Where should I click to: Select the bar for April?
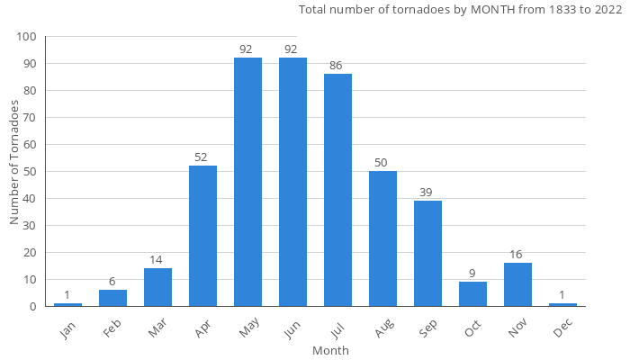tap(202, 236)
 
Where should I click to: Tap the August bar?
tap(382, 238)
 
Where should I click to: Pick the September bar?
tap(427, 253)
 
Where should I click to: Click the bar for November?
tap(517, 284)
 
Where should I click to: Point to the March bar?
tap(157, 287)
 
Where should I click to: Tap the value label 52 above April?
tap(202, 157)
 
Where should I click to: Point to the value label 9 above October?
tap(472, 274)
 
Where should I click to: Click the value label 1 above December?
tap(562, 295)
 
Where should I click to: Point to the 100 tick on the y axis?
tap(26, 37)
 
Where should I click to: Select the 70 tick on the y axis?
tap(30, 118)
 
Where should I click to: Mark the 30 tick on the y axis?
tap(30, 226)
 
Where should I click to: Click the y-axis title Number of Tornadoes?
tap(14, 163)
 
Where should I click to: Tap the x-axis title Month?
tap(330, 350)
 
